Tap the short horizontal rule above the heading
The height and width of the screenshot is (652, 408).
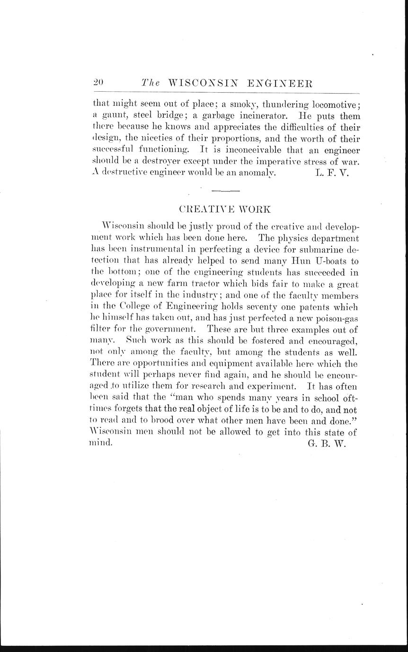226,191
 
